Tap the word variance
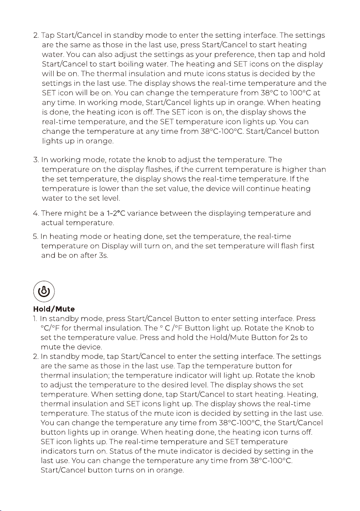tap(144, 213)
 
